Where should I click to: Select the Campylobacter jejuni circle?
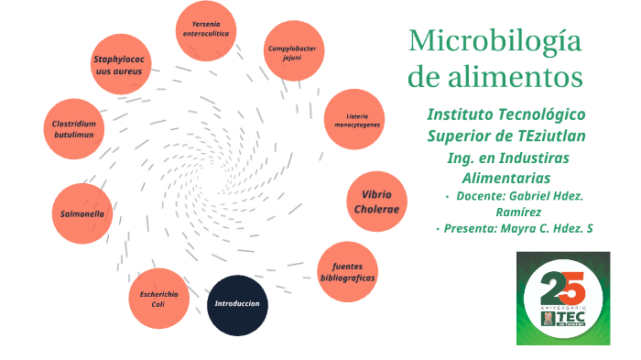pos(294,50)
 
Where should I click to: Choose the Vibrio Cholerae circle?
pos(377,202)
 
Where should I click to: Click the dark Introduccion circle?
pos(237,304)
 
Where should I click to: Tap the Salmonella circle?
pos(82,214)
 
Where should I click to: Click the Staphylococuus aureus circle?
pos(119,64)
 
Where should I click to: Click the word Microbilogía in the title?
pos(495,42)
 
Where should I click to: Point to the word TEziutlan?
pos(549,136)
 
